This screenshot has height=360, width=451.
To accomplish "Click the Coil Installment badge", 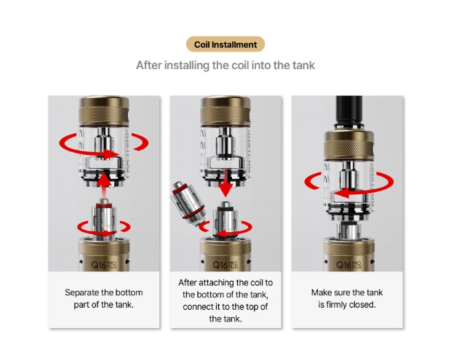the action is click(x=225, y=44).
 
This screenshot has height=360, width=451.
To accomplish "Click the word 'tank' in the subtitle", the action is click(x=304, y=65).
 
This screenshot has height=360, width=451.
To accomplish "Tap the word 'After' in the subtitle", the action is click(x=148, y=65).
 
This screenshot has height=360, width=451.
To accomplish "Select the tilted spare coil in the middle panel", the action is click(x=188, y=202).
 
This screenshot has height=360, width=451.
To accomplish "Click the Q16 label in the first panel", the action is click(x=98, y=265).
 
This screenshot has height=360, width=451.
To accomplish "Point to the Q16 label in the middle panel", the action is click(x=220, y=265).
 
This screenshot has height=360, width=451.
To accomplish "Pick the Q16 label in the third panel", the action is click(x=343, y=265).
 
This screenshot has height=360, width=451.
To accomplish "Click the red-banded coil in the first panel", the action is click(x=104, y=219).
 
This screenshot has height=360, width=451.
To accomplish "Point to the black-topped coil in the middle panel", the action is click(x=225, y=220).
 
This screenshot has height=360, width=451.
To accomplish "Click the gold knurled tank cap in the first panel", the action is click(x=104, y=111).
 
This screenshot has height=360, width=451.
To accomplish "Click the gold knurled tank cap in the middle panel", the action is click(x=225, y=111).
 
